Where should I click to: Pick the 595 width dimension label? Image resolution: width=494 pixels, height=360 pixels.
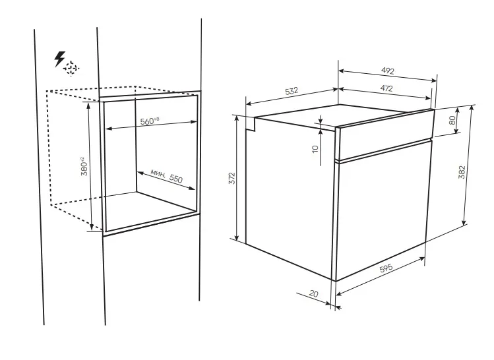386,268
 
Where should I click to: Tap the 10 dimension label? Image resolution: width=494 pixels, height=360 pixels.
315,148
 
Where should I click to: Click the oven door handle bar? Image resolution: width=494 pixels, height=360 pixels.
383,150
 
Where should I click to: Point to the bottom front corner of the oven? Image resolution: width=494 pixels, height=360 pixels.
336,280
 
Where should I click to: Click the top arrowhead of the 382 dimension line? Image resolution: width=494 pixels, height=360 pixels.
472,106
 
